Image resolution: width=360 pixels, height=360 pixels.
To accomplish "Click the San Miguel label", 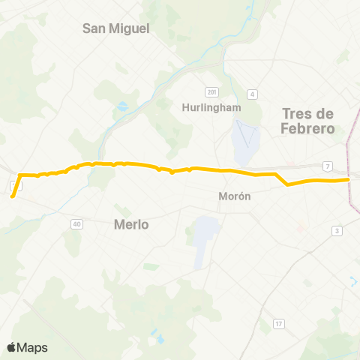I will pos(116,28).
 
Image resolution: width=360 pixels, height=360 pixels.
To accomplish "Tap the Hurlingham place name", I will pos(211,107).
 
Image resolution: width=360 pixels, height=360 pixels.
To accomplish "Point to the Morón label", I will pos(234,196).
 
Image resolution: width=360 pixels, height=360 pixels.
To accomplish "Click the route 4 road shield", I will pos(253,94).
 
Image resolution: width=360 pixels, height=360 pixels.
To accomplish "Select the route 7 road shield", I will pos(328,165).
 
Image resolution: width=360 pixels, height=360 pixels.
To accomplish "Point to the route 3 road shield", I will pos(337,230).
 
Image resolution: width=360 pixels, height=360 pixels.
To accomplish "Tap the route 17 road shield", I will pos(279,323).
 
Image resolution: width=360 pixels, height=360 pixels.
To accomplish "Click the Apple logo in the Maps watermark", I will pos(12,347).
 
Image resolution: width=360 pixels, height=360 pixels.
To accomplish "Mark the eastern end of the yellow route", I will pos(349,179).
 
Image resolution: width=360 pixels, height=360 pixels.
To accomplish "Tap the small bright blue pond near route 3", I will pos(352,280).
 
